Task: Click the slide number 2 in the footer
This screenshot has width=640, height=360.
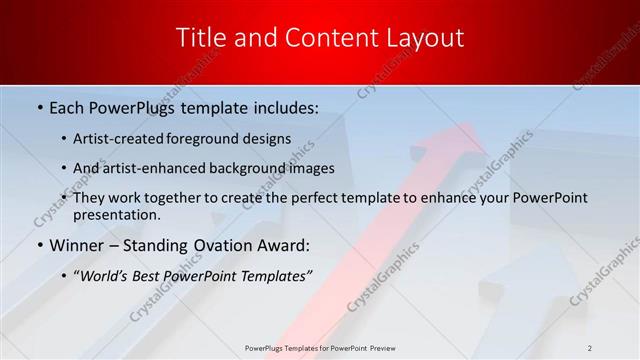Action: click(590, 347)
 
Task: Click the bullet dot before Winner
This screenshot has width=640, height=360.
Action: click(39, 244)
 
